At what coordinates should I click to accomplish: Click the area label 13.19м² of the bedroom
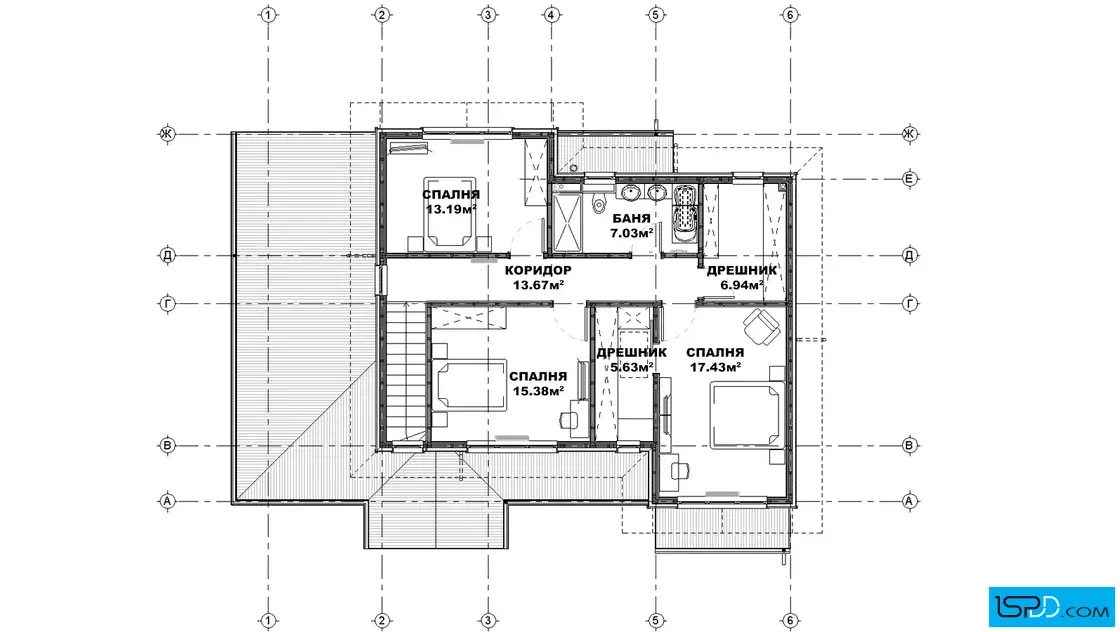[451, 210]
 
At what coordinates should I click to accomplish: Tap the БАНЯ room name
[631, 219]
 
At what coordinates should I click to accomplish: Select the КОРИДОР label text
[538, 270]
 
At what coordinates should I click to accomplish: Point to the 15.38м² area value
[539, 391]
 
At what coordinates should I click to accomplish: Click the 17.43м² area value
[715, 367]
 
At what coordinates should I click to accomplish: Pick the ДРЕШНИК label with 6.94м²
[742, 271]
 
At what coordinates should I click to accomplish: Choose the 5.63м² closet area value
[631, 367]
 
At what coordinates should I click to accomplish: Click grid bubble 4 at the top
[551, 14]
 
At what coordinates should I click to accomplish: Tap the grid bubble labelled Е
[909, 179]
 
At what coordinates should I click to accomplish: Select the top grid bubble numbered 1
[268, 14]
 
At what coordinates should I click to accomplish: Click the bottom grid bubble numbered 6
[789, 621]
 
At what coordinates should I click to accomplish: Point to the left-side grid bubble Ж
[167, 134]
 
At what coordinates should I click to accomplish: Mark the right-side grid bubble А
[909, 501]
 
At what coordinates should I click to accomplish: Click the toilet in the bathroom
[599, 202]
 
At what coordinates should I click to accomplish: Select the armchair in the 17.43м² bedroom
[761, 326]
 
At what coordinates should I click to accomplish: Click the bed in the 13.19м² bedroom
[450, 212]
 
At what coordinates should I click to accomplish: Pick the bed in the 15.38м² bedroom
[469, 385]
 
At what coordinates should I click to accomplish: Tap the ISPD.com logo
[1051, 606]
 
